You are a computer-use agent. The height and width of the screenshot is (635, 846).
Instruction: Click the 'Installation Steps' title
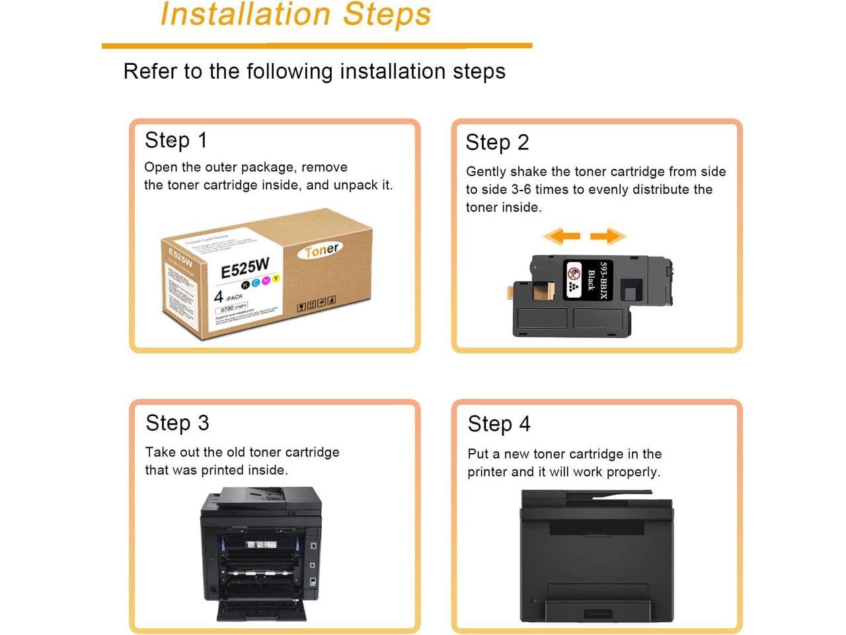(295, 15)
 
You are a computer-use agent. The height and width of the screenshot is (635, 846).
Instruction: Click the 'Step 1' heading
(176, 140)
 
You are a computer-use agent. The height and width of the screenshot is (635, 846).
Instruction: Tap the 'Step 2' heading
(497, 142)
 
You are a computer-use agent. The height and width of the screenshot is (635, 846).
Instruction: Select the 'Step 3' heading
(177, 423)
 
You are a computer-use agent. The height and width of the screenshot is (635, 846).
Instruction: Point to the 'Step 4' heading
(499, 424)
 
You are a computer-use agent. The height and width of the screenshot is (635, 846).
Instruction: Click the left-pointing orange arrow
(562, 235)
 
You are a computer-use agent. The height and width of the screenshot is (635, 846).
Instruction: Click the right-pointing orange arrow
(607, 235)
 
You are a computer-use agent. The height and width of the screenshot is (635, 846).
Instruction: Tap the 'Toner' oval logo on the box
(321, 250)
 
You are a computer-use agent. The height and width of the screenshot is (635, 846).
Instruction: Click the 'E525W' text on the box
(245, 268)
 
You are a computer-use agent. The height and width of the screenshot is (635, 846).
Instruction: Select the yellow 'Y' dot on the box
(276, 278)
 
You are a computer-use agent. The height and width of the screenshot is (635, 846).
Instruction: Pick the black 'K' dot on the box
(245, 284)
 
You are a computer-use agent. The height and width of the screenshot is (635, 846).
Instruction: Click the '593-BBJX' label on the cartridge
(603, 280)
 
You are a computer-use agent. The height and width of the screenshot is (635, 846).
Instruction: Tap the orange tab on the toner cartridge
(510, 291)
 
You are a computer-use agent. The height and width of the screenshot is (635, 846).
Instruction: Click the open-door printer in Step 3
(261, 554)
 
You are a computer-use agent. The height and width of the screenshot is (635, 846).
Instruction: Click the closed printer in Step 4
(597, 556)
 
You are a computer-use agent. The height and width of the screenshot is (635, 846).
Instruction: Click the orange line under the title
(317, 46)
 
